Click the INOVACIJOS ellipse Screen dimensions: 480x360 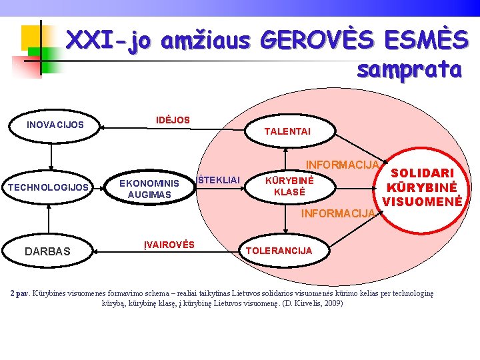coord(55,125)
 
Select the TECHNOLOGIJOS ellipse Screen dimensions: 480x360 coord(48,187)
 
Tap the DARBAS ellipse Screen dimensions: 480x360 coord(47,251)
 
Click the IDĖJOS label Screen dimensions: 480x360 coord(173,120)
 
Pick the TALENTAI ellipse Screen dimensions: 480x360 coord(287,132)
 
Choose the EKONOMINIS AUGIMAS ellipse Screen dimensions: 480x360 coord(149,189)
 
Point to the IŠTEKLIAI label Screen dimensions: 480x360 coord(217,179)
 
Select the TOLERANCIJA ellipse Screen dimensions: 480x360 coord(279,251)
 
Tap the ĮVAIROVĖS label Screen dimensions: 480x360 coord(169,245)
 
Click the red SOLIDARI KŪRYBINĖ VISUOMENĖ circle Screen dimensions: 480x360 coord(421,186)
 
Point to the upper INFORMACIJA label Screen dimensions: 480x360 coord(342,164)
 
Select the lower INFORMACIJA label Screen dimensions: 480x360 coord(338,214)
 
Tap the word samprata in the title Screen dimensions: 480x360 coord(409,69)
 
